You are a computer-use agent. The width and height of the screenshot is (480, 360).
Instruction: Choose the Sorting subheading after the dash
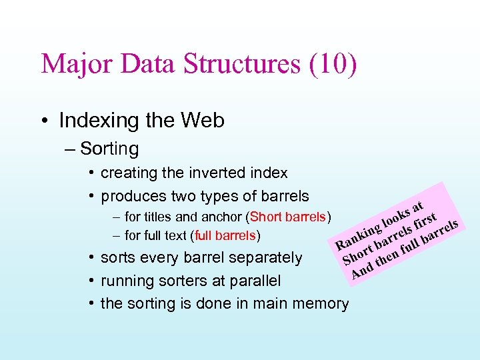point(109,149)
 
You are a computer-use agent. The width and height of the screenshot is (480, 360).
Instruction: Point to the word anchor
point(222,217)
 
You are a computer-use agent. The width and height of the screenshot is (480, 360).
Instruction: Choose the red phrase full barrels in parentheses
point(225,235)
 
